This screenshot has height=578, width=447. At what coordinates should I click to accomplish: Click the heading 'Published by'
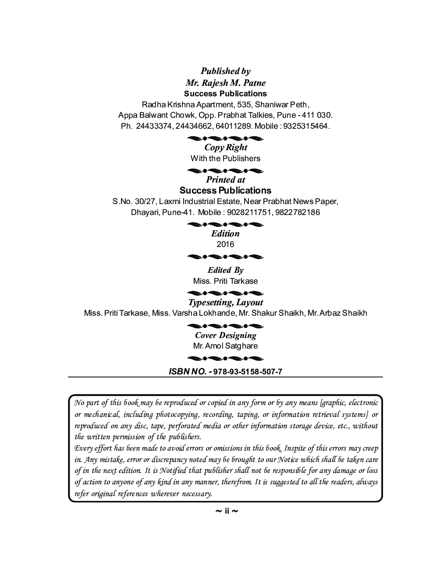pos(225,71)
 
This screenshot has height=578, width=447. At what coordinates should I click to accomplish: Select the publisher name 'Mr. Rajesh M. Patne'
pos(225,83)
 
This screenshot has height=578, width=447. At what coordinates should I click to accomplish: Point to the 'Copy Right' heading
pos(225,147)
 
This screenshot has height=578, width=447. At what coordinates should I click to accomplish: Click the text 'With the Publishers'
pos(225,159)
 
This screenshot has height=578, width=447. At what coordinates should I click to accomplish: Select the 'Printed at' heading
pos(225,180)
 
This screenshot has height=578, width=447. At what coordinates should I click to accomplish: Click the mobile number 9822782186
pos(298,212)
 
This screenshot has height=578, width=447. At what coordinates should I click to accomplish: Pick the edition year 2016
pos(225,244)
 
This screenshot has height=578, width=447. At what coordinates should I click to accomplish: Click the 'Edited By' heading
pos(225,270)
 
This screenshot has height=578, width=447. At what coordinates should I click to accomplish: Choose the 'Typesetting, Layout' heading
pos(225,303)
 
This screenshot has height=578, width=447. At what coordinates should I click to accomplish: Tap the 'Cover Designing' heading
pos(225,335)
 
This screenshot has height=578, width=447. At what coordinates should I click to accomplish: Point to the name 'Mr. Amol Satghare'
pos(225,346)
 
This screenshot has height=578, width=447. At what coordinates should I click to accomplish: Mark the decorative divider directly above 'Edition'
pos(225,225)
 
